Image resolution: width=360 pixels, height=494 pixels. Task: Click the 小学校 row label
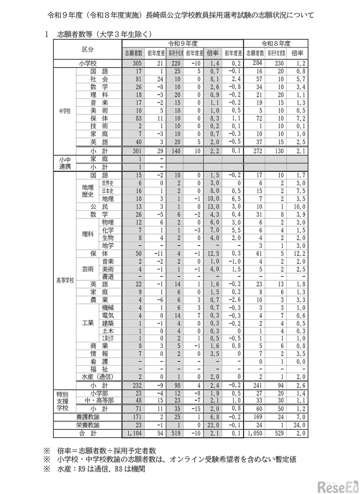87,63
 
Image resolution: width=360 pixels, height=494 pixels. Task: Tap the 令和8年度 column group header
275,44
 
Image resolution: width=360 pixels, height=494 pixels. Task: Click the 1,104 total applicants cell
132,434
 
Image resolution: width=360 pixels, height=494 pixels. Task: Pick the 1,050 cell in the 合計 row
253,434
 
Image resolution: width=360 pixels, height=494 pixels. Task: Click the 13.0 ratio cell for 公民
212,207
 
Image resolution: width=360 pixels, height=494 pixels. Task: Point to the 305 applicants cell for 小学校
132,63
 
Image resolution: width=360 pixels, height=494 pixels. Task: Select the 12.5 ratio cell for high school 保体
212,253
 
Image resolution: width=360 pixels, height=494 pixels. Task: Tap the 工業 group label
88,324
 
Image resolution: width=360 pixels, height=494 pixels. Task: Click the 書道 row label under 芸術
108,276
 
